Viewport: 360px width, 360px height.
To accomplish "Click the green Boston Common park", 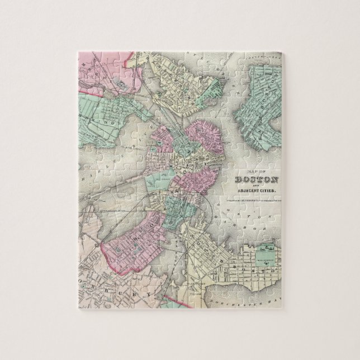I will click(159, 181).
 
